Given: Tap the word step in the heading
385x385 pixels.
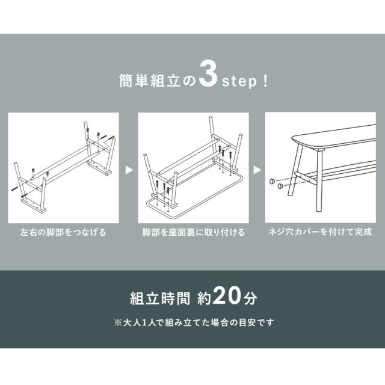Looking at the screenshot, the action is [239, 82].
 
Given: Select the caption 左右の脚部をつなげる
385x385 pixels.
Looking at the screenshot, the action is [63, 232].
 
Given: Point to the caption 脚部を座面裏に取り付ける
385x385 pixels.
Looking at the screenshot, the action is [194, 232].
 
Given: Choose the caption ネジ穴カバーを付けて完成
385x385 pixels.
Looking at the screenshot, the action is [321, 232].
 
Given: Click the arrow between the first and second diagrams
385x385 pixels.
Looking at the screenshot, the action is [129, 170].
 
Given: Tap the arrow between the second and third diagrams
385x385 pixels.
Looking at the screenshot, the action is [257, 170].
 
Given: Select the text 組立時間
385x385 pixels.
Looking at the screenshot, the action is [160, 298].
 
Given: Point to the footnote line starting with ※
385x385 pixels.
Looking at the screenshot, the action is [194, 322].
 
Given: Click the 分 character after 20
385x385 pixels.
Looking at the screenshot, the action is [250, 298].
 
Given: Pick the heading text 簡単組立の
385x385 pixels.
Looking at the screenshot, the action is [158, 81].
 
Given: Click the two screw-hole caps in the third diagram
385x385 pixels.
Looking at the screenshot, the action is [277, 183].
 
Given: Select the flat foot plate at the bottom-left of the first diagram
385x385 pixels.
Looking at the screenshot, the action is [34, 206].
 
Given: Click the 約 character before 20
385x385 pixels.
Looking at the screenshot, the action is [204, 298].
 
